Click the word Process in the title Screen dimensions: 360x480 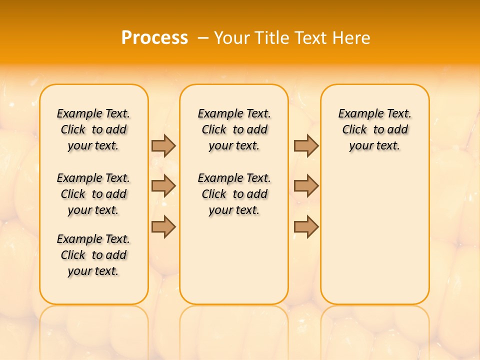point(154,37)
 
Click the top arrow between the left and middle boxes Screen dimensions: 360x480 point(163,145)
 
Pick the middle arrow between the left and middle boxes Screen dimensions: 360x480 point(163,186)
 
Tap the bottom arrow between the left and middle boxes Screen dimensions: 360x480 point(163,227)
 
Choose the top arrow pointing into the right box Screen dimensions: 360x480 point(306,145)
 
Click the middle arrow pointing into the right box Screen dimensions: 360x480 point(306,186)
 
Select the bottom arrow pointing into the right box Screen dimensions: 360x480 point(306,227)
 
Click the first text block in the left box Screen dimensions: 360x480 point(93,129)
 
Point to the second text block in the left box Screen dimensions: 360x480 point(93,194)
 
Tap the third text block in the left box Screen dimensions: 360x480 point(93,255)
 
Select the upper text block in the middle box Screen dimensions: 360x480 point(234,129)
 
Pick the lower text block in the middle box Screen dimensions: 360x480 point(234,194)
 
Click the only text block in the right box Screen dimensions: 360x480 point(375,129)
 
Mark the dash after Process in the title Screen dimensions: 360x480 point(203,38)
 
